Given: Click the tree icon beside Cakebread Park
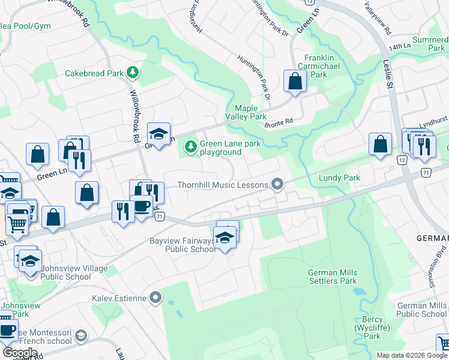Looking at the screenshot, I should pyautogui.click(x=133, y=73).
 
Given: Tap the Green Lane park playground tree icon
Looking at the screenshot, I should pyautogui.click(x=191, y=146).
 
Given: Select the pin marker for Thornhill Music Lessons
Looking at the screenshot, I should pyautogui.click(x=277, y=185).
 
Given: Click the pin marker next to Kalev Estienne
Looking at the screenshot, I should pyautogui.click(x=155, y=297).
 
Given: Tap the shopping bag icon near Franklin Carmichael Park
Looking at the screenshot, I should pyautogui.click(x=295, y=82).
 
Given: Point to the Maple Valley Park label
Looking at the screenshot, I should pyautogui.click(x=246, y=112).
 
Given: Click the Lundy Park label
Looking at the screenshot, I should pyautogui.click(x=339, y=178).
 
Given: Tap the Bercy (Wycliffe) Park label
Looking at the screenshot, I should pyautogui.click(x=372, y=328).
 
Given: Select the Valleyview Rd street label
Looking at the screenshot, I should pyautogui.click(x=378, y=18).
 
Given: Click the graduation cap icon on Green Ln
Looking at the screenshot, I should pyautogui.click(x=158, y=134).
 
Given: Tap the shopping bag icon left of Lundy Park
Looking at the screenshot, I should pyautogui.click(x=380, y=145).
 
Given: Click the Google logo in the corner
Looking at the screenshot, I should pyautogui.click(x=20, y=353).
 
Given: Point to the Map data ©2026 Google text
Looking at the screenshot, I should pyautogui.click(x=412, y=355).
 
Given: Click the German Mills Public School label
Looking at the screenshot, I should pyautogui.click(x=421, y=310).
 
